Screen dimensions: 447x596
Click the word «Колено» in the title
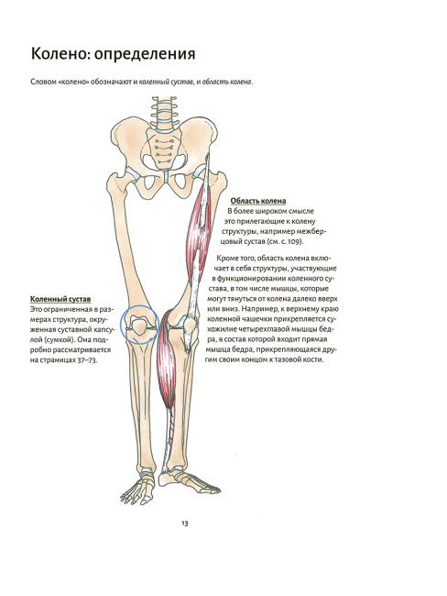[60, 53]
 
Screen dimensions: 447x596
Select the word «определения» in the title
[145, 54]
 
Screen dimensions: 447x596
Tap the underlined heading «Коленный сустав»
[60, 300]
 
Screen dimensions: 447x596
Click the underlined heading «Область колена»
[258, 201]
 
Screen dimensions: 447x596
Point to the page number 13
[185, 524]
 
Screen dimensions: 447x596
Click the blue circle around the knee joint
[121, 325]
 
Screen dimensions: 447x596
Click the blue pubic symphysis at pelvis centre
[167, 177]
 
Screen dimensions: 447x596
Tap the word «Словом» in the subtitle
[44, 82]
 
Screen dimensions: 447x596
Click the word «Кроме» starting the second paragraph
[227, 259]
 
